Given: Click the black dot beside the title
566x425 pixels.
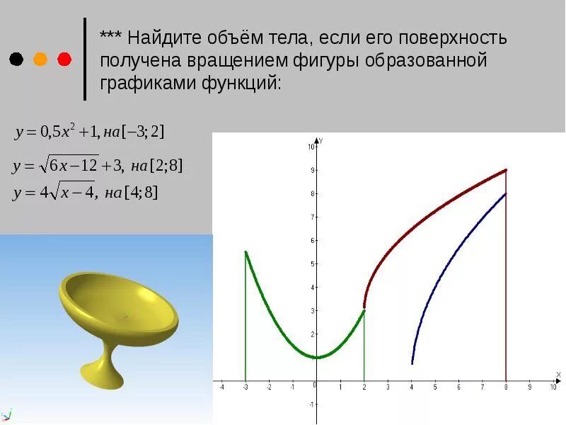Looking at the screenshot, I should pyautogui.click(x=16, y=59).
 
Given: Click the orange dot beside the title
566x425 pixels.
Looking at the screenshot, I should pyautogui.click(x=40, y=59).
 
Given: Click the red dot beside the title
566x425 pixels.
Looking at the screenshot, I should pyautogui.click(x=64, y=59).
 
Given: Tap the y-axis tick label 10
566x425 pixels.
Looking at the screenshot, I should pyautogui.click(x=310, y=147).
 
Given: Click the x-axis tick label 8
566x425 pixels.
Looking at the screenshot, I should pyautogui.click(x=506, y=387).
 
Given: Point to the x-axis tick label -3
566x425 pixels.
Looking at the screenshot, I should pyautogui.click(x=245, y=387).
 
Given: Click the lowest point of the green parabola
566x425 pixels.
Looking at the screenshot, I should pyautogui.click(x=316, y=357).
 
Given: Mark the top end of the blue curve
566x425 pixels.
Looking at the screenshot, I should pyautogui.click(x=506, y=193).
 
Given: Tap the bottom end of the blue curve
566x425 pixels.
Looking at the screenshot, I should pyautogui.click(x=412, y=363).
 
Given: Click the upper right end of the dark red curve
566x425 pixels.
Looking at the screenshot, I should pyautogui.click(x=506, y=170).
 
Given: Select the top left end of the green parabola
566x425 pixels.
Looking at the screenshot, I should pyautogui.click(x=246, y=251).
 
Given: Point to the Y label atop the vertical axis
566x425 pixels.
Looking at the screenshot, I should pyautogui.click(x=321, y=141).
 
